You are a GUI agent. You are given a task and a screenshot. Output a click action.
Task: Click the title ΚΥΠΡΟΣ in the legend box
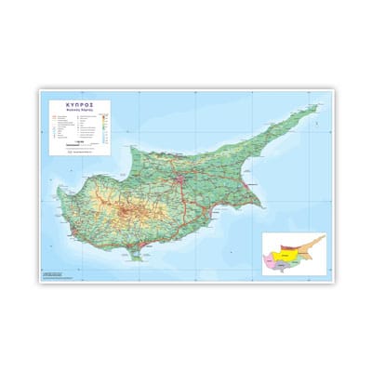76,105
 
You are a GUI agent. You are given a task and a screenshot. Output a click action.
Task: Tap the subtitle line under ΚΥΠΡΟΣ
76,112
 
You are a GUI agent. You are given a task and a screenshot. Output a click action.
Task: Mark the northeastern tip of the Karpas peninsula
315,106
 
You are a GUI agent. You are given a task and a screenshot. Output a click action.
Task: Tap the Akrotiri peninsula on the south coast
140,246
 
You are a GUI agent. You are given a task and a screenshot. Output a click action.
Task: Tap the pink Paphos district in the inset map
272,259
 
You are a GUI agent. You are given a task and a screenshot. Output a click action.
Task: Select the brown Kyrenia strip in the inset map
290,244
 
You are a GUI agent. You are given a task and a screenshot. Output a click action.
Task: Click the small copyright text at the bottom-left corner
52,274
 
